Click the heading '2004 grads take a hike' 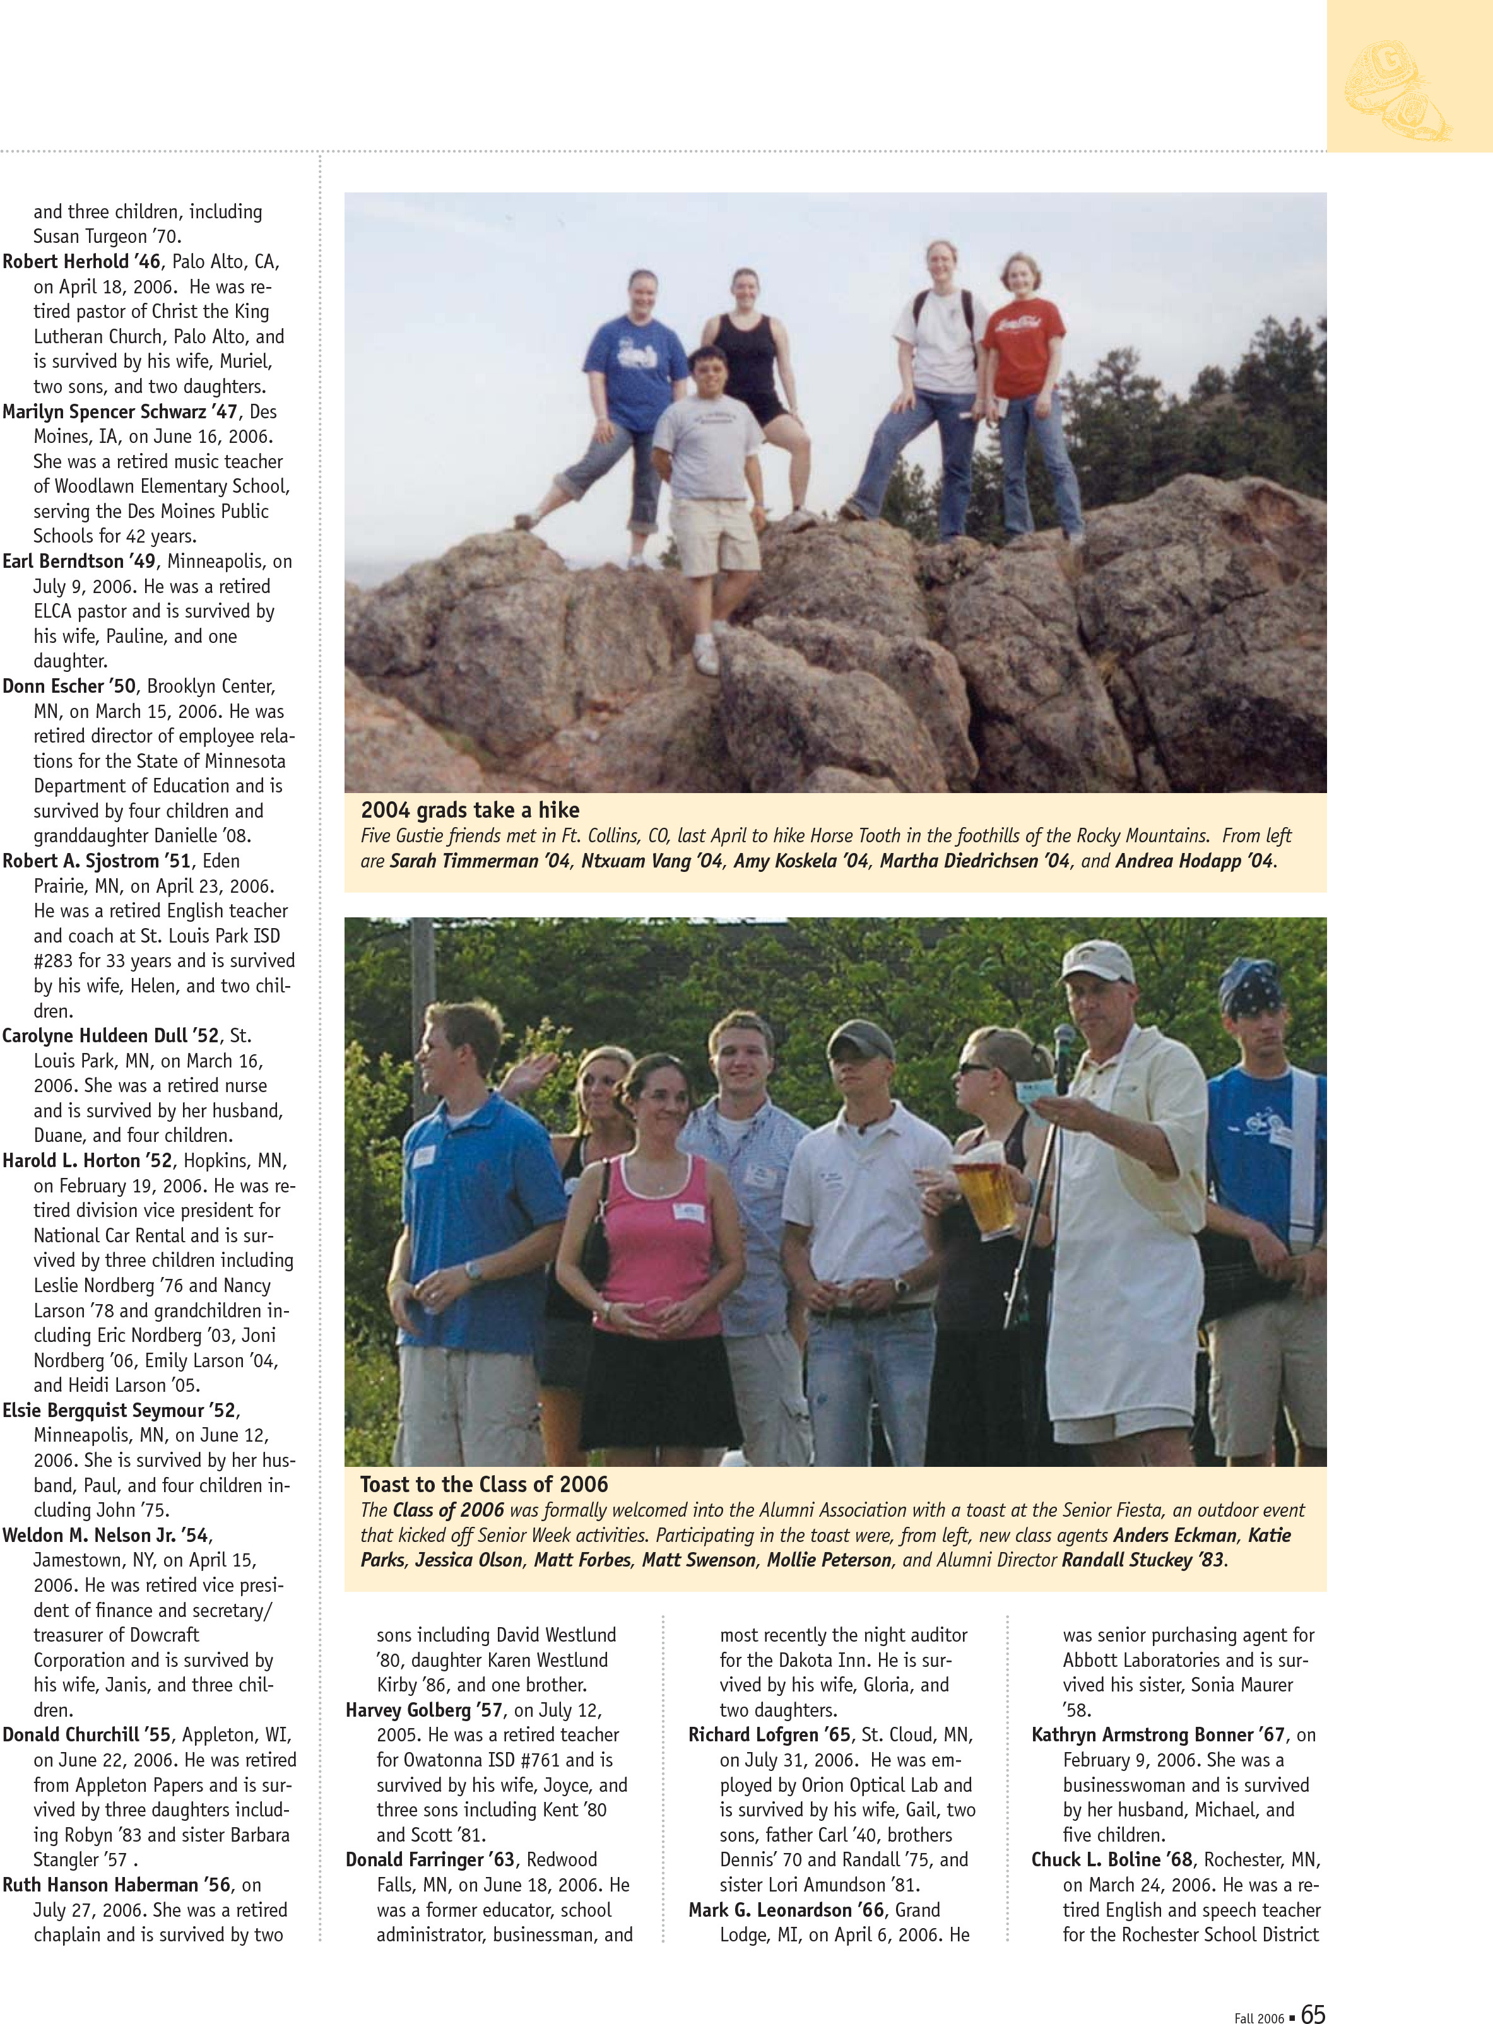coord(470,809)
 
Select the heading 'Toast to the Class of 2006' coord(483,1484)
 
